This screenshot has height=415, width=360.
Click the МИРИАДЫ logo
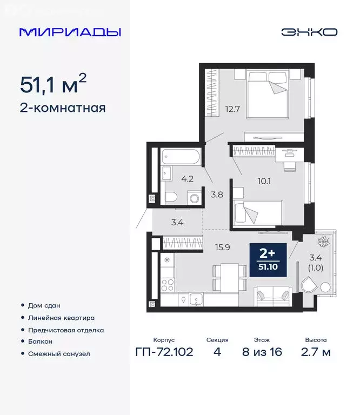tap(70, 32)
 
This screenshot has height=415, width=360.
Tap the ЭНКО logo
tap(309, 32)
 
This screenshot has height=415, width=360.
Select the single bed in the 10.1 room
tap(257, 211)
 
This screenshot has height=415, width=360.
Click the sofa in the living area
tap(273, 294)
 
